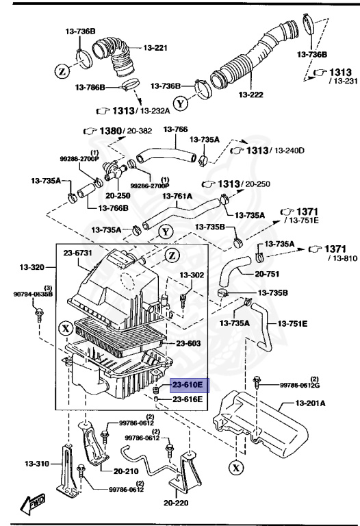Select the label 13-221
click(x=155, y=48)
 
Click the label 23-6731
click(x=78, y=253)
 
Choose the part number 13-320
click(x=31, y=266)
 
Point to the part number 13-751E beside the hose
click(x=292, y=323)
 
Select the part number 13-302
click(x=192, y=275)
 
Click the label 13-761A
click(x=177, y=196)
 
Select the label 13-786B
click(x=90, y=88)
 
